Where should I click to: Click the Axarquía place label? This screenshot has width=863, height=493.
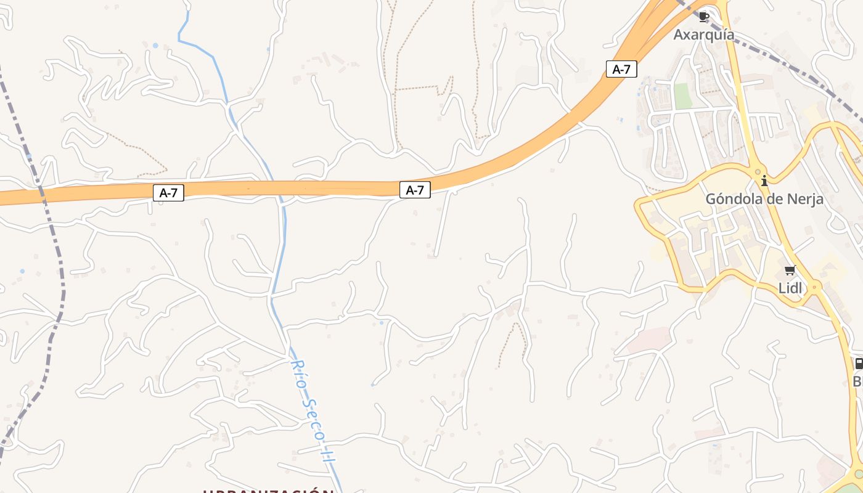[703, 35]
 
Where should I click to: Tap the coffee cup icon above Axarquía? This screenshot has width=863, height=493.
[704, 17]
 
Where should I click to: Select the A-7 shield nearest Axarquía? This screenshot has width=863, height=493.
[621, 69]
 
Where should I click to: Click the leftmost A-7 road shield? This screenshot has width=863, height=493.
[168, 193]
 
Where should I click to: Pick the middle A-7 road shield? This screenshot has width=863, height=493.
[415, 190]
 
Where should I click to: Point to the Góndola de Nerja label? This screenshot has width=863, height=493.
[764, 199]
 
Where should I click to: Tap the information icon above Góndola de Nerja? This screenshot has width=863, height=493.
[764, 181]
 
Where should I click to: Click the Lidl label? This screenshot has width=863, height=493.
[790, 288]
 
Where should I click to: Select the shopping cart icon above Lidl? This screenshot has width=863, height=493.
[790, 270]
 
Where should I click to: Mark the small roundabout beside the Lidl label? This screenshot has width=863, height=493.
[814, 287]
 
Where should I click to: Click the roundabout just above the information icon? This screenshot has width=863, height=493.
[758, 172]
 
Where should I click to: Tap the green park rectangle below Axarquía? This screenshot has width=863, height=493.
[682, 96]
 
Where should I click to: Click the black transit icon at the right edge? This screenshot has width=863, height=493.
[859, 364]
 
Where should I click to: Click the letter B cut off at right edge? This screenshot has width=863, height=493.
[857, 382]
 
